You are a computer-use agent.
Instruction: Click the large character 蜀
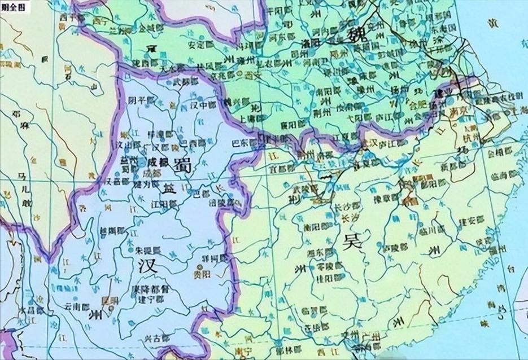coord(182,164)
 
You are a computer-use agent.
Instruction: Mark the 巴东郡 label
coord(245,143)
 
